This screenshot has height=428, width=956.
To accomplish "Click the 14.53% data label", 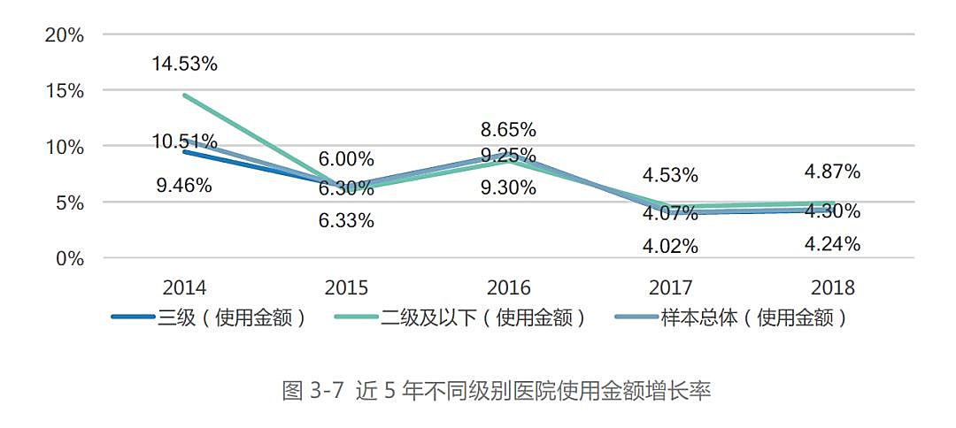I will tap(184, 64).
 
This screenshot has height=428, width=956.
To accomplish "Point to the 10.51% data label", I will tap(184, 141).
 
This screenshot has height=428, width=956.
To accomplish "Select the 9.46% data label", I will tap(184, 186).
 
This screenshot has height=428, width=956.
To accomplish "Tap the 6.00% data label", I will tap(345, 160).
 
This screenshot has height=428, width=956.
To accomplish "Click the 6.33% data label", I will tap(345, 221).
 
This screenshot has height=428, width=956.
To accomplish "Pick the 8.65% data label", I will tap(508, 130).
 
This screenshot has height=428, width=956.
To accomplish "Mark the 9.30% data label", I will tap(508, 187).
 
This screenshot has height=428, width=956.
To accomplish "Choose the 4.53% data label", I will tap(670, 175).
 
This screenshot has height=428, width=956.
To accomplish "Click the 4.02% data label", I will tap(670, 247).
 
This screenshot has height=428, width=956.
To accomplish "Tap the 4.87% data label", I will tap(832, 172).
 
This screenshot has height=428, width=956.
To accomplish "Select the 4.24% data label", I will tap(832, 245).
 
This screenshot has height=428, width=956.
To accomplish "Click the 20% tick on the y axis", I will tap(65, 35).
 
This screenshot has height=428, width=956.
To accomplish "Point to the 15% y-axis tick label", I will tap(65, 91).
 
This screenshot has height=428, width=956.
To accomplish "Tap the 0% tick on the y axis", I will tap(70, 259).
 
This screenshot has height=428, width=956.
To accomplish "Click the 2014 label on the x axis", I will tap(184, 288).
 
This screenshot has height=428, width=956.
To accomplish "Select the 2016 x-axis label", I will tap(508, 288).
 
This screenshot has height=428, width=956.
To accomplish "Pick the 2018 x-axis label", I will tap(832, 288).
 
